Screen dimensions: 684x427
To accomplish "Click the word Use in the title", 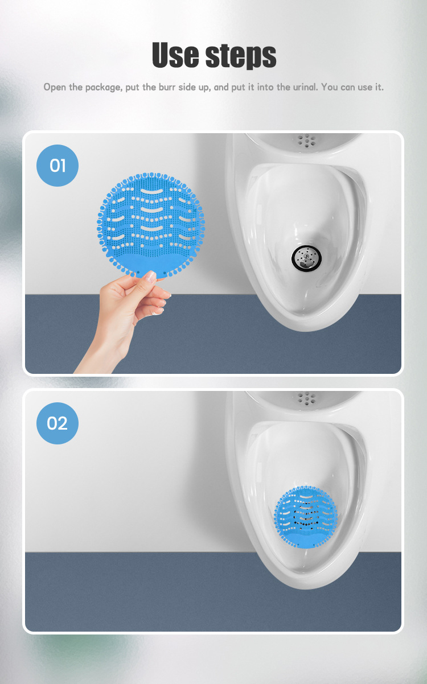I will tap(177, 55).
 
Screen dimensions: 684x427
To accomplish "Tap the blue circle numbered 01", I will tap(58, 166).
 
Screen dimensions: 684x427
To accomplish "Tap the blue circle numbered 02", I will tap(58, 423).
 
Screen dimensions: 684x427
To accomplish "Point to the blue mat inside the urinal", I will tap(305, 517).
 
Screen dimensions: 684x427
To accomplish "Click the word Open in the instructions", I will tap(55, 88).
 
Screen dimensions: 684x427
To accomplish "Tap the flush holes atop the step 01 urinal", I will tap(307, 139).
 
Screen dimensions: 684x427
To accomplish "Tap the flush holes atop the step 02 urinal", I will tap(307, 397).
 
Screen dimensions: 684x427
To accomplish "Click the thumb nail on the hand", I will tap(150, 276).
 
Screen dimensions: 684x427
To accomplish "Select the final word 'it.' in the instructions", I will tap(379, 88).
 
